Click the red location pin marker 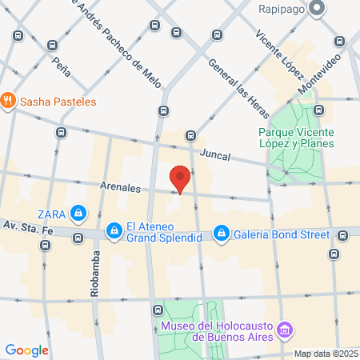[181, 178]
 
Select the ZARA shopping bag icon [78, 214]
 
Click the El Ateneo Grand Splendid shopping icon [114, 230]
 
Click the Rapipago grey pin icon [317, 10]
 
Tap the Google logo [27, 350]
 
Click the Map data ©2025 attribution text [324, 354]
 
